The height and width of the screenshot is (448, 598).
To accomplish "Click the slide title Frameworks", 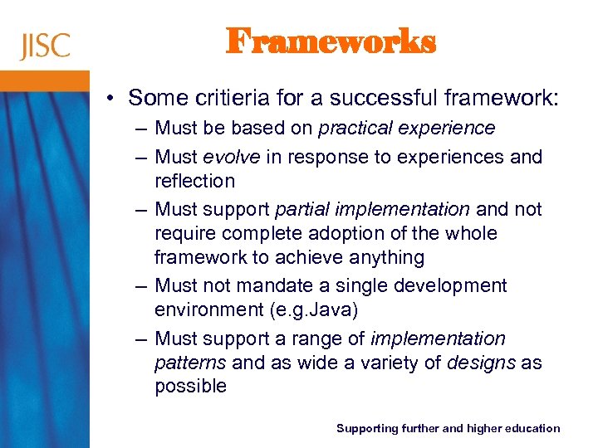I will pyautogui.click(x=331, y=41).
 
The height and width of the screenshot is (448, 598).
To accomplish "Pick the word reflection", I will pyautogui.click(x=194, y=181).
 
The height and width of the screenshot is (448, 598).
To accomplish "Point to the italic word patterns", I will pyautogui.click(x=190, y=363).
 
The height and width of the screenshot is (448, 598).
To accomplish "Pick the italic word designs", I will pyautogui.click(x=481, y=363).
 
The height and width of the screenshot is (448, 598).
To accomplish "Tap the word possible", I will pyautogui.click(x=190, y=387).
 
